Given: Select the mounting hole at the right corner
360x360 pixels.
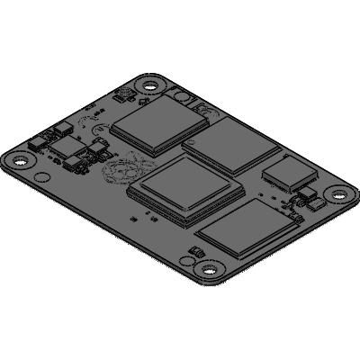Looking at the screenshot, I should pos(338,193).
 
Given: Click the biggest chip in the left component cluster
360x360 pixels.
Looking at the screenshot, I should pos(68,147).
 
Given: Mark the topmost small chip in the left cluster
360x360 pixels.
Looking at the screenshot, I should pos(63,127).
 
